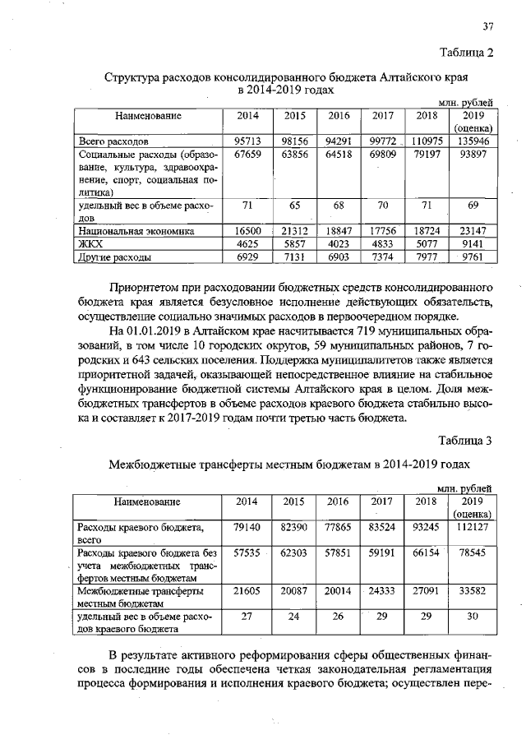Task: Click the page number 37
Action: pos(487,25)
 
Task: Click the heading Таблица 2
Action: pos(464,53)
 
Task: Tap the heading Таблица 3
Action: pos(464,441)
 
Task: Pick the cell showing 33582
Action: pos(472,590)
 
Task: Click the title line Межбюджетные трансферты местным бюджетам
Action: pos(262,464)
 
